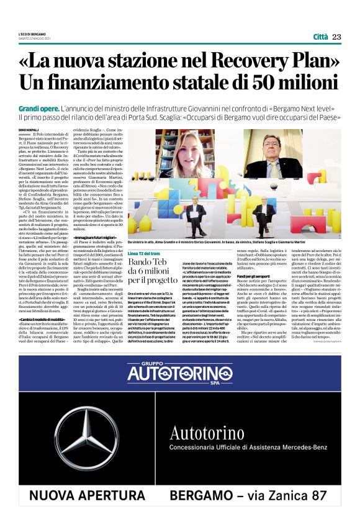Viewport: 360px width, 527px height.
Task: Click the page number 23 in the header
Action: coord(337,37)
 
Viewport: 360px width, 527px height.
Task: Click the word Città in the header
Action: coord(320,37)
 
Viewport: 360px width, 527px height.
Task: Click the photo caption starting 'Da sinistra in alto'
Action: coord(205,242)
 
